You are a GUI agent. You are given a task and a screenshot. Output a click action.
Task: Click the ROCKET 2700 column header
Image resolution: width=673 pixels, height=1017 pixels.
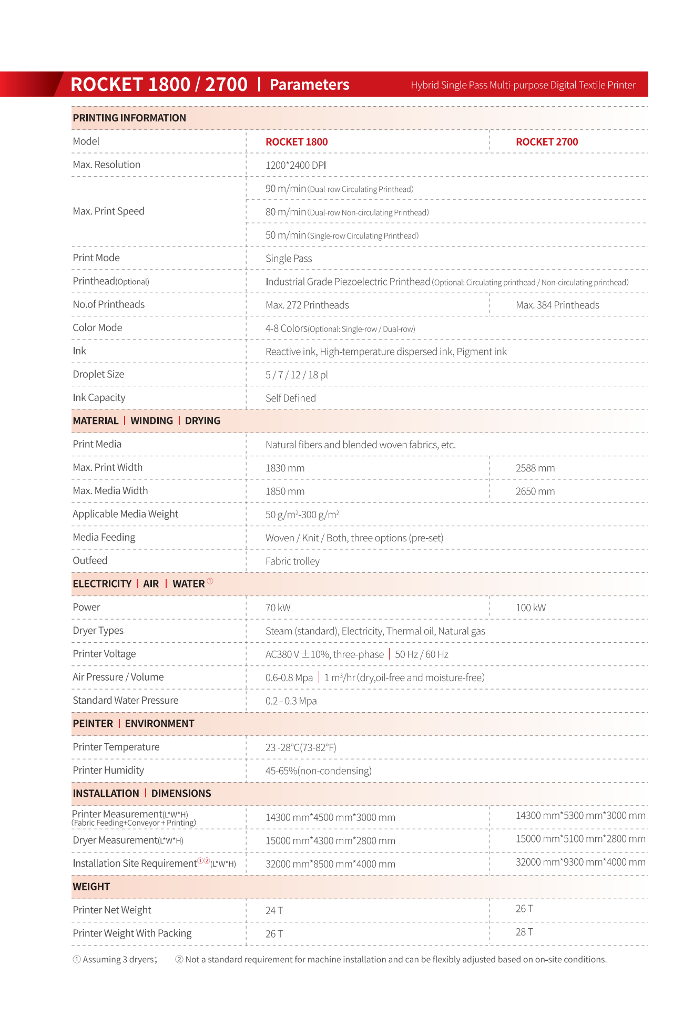pyautogui.click(x=547, y=142)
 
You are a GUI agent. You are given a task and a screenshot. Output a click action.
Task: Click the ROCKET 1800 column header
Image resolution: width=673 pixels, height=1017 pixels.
pyautogui.click(x=297, y=142)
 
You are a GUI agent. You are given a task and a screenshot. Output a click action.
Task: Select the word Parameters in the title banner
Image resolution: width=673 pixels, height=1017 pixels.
pyautogui.click(x=309, y=85)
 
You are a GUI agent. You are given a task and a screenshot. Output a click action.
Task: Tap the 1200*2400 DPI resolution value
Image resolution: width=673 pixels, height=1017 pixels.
pyautogui.click(x=295, y=165)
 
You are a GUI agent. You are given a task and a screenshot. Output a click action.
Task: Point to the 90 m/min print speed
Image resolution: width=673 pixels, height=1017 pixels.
pyautogui.click(x=285, y=189)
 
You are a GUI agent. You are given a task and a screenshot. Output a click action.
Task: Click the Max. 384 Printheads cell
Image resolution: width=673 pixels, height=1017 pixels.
pyautogui.click(x=557, y=305)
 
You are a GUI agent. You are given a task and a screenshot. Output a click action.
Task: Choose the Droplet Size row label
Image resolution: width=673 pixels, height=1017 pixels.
pyautogui.click(x=98, y=374)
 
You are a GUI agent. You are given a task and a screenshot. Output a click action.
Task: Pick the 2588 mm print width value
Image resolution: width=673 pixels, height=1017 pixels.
pyautogui.click(x=535, y=468)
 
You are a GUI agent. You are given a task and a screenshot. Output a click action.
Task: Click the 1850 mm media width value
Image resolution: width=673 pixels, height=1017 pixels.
pyautogui.click(x=285, y=491)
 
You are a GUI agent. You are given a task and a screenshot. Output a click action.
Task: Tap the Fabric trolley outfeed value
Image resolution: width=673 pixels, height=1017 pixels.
pyautogui.click(x=292, y=561)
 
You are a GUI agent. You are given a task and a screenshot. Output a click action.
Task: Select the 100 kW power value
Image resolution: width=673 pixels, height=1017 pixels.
pyautogui.click(x=531, y=608)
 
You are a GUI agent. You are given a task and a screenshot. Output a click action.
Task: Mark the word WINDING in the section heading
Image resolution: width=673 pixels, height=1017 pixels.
pyautogui.click(x=151, y=421)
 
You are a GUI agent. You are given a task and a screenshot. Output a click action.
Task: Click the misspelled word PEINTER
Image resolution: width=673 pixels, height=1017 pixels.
pyautogui.click(x=93, y=724)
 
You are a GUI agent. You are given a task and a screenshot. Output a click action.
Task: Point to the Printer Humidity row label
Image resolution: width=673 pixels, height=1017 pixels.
pyautogui.click(x=108, y=771)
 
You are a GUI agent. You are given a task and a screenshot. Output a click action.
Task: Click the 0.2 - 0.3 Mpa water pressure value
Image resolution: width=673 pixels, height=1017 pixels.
pyautogui.click(x=291, y=701)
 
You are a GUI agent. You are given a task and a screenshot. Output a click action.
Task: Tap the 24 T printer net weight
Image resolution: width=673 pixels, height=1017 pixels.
pyautogui.click(x=274, y=911)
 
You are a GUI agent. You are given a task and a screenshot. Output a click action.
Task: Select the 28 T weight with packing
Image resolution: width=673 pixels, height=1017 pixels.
pyautogui.click(x=524, y=932)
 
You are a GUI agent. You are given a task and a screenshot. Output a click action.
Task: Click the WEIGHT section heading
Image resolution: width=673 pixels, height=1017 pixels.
pyautogui.click(x=91, y=887)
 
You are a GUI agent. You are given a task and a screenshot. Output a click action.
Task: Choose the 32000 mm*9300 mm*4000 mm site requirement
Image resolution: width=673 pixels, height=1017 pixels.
pyautogui.click(x=580, y=862)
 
